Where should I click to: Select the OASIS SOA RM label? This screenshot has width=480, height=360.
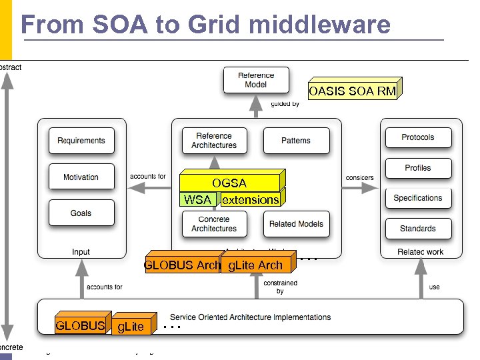coord(352,91)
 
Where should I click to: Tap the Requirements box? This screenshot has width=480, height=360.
coord(81,141)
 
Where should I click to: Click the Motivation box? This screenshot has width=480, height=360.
coord(81,177)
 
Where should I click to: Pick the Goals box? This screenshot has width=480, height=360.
coord(81,213)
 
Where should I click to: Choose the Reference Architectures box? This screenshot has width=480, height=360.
coord(214,141)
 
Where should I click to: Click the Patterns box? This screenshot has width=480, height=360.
coord(296,141)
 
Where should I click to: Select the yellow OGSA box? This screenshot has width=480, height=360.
coord(230,183)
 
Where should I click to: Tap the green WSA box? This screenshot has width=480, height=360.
coord(197,199)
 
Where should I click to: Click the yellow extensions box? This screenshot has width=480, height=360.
coord(250,199)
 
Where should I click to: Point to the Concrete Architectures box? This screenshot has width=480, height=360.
coord(214,224)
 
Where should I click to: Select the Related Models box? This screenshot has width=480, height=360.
coord(296,224)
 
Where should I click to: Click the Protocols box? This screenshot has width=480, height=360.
coord(418,137)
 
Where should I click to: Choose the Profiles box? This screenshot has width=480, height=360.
coord(418,168)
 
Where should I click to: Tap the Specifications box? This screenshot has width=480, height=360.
coord(418,198)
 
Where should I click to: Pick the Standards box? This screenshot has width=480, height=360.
coord(418,229)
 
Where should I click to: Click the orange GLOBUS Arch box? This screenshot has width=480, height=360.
coord(182,265)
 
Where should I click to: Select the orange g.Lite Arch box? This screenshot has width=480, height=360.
coord(255,265)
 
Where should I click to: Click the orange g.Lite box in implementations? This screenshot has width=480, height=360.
coord(131,326)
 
